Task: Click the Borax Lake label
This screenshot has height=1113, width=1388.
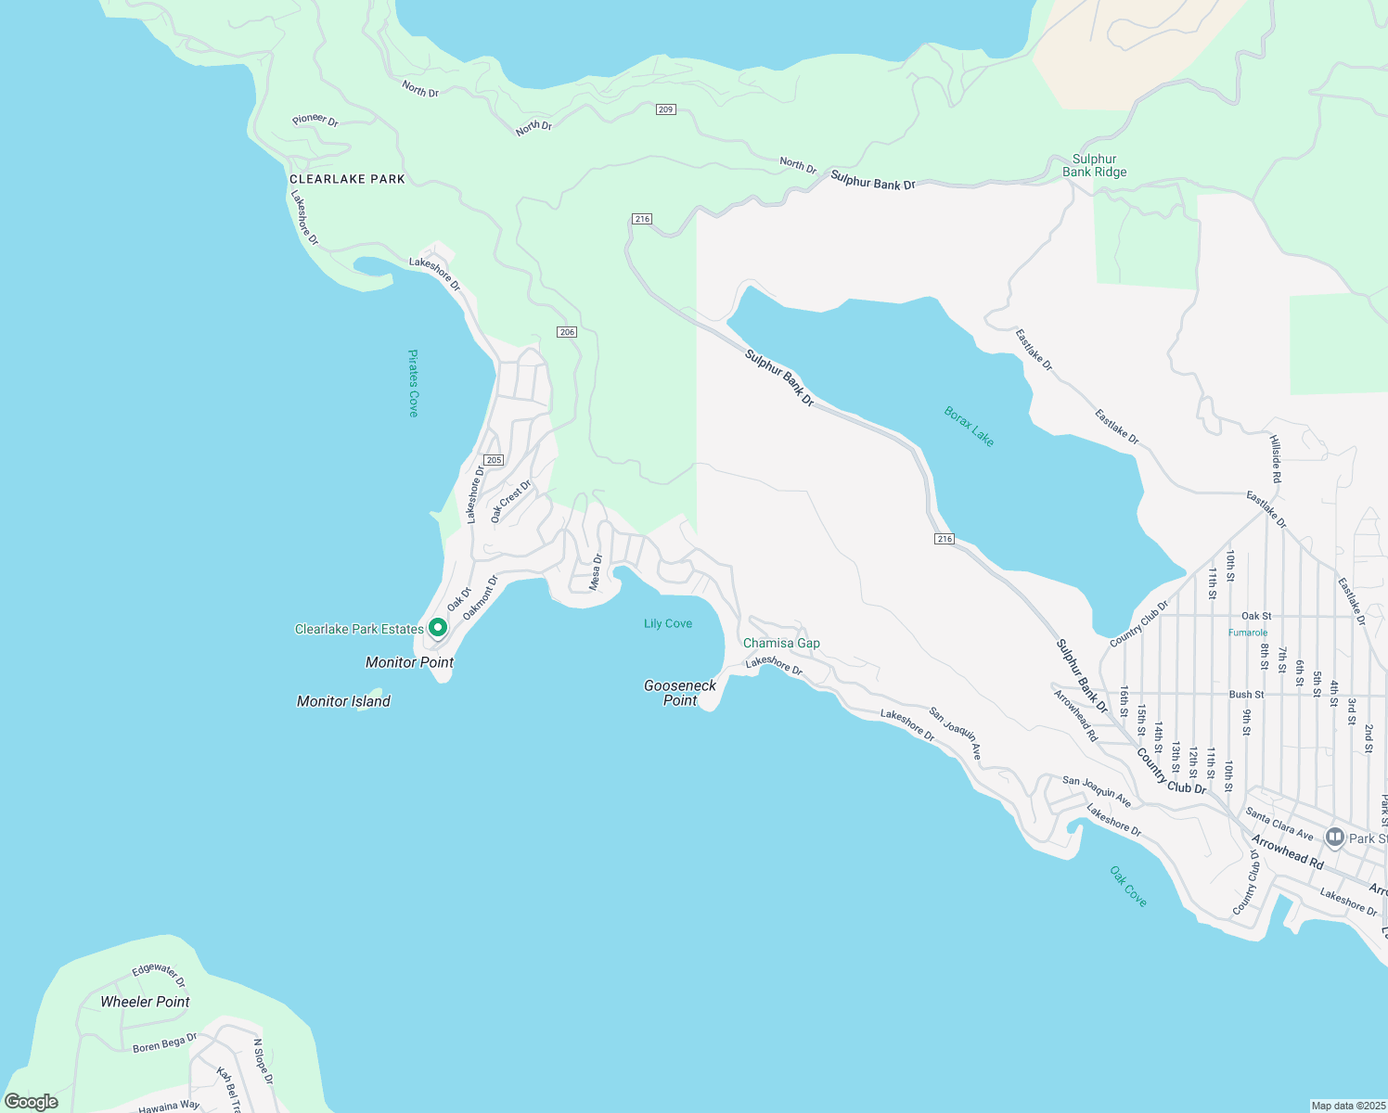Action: coord(969,427)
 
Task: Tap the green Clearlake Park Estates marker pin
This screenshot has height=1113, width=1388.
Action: coord(438,628)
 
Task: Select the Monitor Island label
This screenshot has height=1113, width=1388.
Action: coord(343,701)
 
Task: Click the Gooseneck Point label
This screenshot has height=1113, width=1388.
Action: coord(680,693)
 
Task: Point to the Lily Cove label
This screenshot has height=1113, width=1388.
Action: coord(668,623)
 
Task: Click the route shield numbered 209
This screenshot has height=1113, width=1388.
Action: coord(665,109)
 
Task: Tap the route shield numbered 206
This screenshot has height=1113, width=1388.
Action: coord(567,332)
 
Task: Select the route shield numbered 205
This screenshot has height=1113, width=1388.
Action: coord(494,460)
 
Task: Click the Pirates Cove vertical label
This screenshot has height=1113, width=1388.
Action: coord(414,383)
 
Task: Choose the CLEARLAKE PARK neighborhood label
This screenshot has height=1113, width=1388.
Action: coord(347,179)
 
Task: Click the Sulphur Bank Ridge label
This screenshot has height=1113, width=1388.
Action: coord(1094,165)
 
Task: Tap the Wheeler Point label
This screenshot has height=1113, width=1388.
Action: coord(145,1002)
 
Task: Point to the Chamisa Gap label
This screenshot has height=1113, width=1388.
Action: coord(781,643)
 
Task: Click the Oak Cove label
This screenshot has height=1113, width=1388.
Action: coord(1128,886)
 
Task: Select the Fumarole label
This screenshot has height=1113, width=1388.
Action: coord(1247,633)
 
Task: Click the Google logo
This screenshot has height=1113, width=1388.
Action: coord(31,1102)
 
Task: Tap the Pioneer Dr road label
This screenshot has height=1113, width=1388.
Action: coord(315,120)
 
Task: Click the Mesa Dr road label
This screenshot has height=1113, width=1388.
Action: coord(597,571)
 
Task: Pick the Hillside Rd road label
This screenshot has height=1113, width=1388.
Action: coord(1276,459)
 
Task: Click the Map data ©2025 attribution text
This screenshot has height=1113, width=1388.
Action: coord(1347,1106)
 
